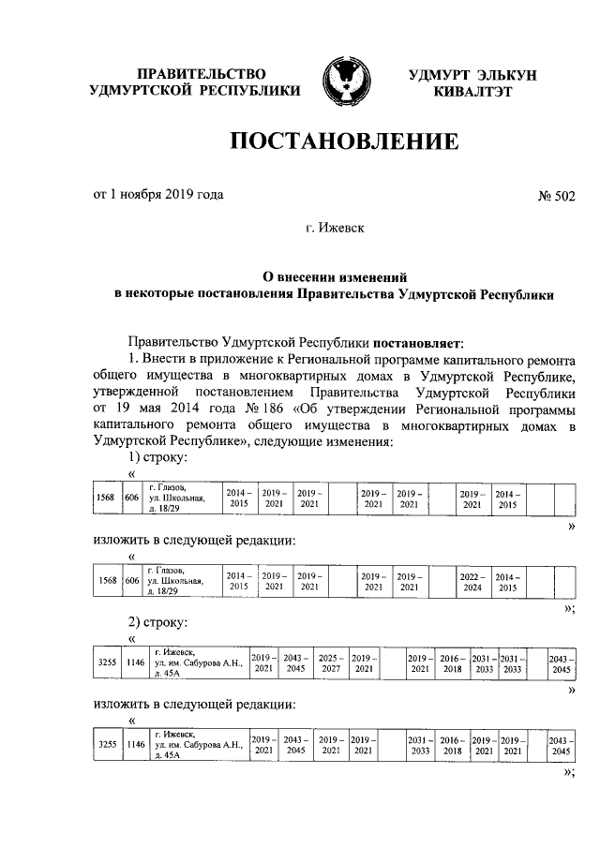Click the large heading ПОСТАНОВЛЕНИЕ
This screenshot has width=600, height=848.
[x=345, y=141]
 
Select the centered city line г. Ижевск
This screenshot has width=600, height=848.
[x=334, y=226]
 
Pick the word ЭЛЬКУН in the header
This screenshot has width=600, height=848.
[x=504, y=74]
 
